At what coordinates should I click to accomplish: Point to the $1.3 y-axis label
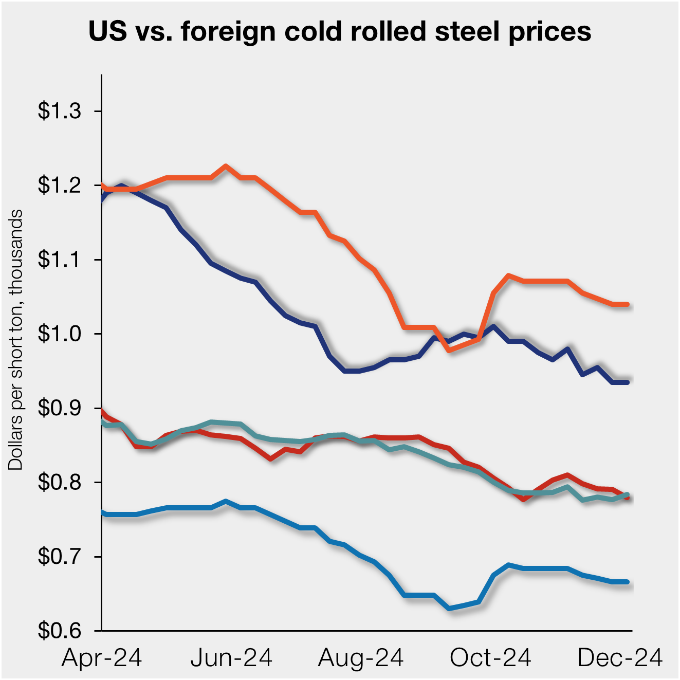click(60, 111)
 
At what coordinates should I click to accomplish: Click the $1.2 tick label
click(60, 185)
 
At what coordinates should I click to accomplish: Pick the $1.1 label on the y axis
click(60, 260)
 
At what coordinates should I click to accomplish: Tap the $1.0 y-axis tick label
click(60, 334)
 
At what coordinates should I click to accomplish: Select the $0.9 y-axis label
click(60, 408)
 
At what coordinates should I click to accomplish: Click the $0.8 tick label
click(60, 483)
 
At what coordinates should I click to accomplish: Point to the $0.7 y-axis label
click(60, 557)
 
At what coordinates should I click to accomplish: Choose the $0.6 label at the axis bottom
click(60, 631)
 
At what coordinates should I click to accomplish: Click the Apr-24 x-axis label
click(102, 658)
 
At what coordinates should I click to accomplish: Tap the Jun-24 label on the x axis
click(231, 658)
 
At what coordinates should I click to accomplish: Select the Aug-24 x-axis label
click(361, 658)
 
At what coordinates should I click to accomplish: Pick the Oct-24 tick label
click(490, 658)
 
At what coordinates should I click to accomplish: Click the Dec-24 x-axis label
click(620, 658)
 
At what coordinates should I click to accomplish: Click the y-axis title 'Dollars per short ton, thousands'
click(16, 339)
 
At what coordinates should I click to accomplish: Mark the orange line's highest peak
click(226, 166)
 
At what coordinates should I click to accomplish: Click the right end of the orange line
click(628, 304)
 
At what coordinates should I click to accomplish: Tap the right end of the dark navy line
click(628, 382)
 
